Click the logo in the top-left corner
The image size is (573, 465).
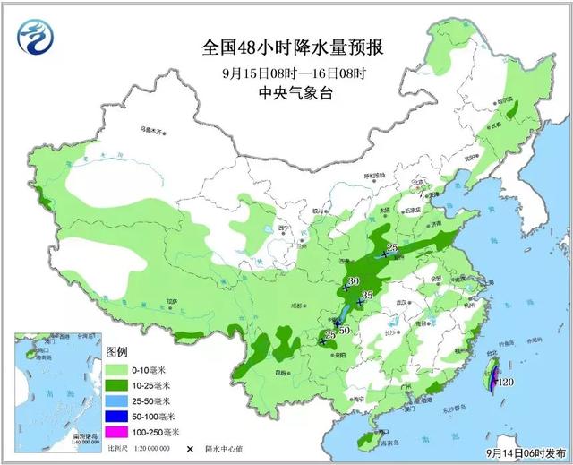(36, 36)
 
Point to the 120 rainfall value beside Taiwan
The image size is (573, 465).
(507, 383)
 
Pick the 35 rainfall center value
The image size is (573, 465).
(365, 296)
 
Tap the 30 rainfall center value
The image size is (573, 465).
(353, 281)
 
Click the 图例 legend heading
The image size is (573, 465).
(117, 352)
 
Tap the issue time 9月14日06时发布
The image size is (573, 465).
(528, 454)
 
